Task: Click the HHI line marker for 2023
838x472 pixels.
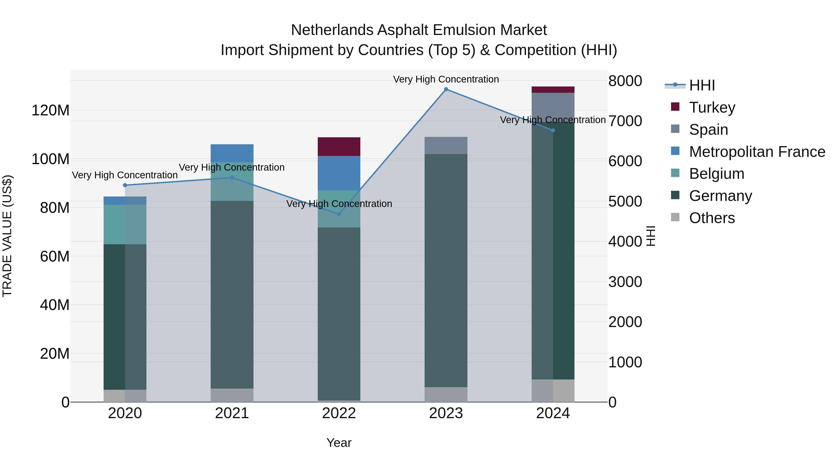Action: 446,89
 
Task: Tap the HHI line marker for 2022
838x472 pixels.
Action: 339,214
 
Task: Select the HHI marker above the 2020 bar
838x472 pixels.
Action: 125,185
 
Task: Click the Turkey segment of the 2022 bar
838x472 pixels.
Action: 339,147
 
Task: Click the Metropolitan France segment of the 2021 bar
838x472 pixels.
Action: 232,153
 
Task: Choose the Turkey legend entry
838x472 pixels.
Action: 712,107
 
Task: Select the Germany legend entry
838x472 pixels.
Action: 720,196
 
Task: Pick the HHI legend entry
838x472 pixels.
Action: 702,85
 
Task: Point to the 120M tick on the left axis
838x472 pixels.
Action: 51,110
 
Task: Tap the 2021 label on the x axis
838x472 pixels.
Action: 232,413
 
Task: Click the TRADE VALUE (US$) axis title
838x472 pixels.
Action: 7,236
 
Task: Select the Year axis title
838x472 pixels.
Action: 339,443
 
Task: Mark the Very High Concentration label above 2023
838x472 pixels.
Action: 446,79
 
